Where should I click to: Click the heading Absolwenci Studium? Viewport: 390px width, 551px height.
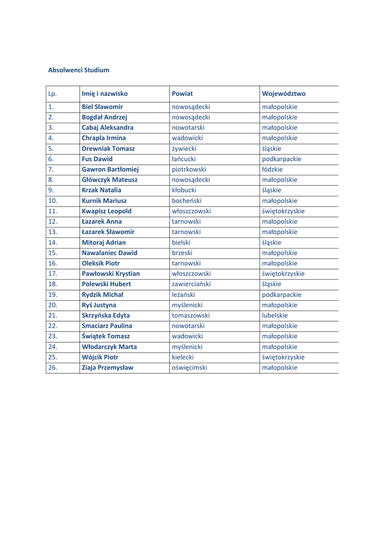79,70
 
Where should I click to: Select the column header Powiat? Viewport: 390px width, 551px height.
182,94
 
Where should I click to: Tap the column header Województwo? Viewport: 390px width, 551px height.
283,94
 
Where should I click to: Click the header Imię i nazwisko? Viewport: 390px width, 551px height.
105,94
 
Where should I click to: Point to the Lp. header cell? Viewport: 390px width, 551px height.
53,94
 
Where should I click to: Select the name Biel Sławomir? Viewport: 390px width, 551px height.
102,107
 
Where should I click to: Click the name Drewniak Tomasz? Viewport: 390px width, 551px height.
108,149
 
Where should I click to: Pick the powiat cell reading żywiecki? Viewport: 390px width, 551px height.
184,149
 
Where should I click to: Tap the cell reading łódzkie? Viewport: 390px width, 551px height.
272,169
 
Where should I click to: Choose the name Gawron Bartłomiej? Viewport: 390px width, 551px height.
110,169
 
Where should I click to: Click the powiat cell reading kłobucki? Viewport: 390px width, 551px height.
184,190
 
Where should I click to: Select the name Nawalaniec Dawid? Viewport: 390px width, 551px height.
109,253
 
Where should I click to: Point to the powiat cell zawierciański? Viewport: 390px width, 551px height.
191,284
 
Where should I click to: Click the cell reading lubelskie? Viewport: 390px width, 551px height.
275,315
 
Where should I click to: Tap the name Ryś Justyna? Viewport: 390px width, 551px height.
99,305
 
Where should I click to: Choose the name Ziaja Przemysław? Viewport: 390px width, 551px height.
108,368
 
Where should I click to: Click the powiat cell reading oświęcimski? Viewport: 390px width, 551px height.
189,368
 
